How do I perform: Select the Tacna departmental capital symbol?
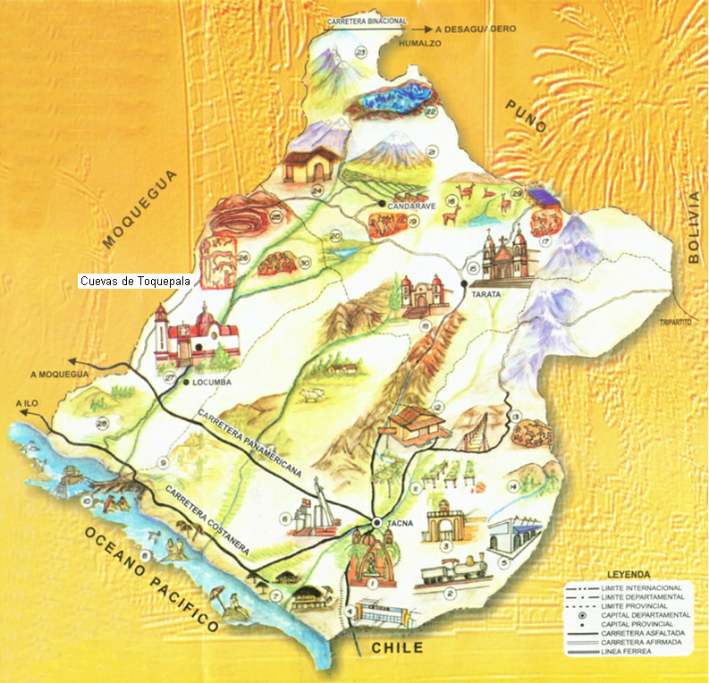click(x=377, y=522)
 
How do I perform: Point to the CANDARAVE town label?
click(x=410, y=206)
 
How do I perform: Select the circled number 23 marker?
click(x=361, y=53)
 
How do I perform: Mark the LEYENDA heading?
click(x=626, y=572)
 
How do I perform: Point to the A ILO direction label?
click(x=28, y=403)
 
